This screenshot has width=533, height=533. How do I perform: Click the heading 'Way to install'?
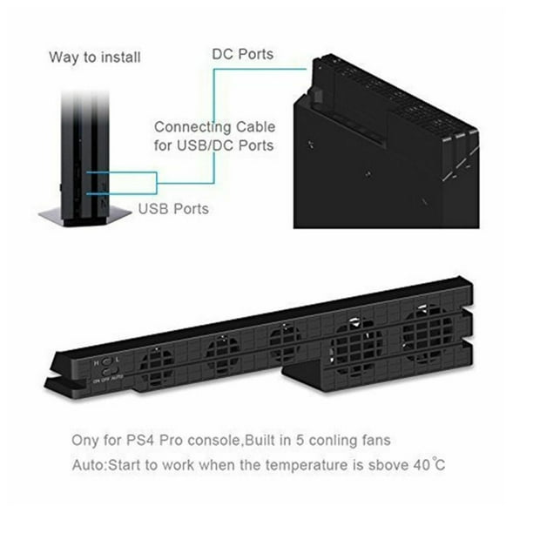pos(95,57)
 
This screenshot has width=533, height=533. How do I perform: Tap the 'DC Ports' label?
pos(243,54)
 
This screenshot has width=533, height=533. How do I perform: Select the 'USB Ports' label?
pos(173,209)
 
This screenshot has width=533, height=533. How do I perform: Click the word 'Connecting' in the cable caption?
pos(192,128)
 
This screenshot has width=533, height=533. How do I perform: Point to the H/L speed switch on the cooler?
pos(107,361)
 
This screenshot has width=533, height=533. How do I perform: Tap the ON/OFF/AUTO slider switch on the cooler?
pos(110,370)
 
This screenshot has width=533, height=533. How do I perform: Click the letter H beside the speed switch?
pos(96,362)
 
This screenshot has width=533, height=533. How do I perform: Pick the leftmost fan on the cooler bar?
pos(157,368)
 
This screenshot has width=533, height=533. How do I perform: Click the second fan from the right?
pos(356,347)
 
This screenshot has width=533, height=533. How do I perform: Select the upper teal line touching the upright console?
pos(121,172)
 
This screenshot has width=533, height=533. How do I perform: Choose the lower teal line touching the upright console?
pos(121,193)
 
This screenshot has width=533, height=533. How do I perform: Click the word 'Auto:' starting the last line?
pos(90,465)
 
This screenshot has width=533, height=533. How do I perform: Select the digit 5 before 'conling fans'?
pos(300,440)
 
